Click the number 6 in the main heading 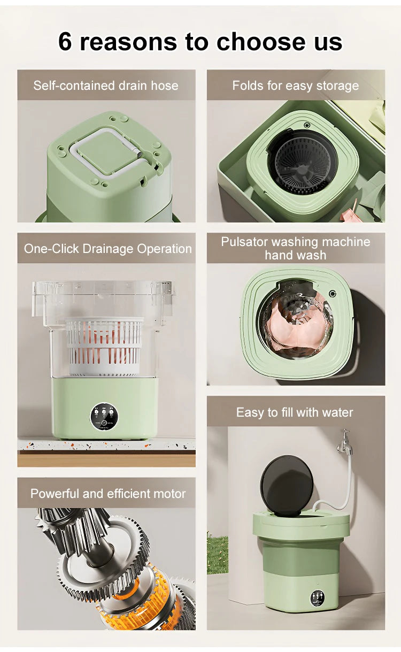(x=65, y=41)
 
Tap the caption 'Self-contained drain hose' (x=106, y=86)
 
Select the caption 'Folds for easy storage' (x=295, y=86)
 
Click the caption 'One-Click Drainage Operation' (x=107, y=249)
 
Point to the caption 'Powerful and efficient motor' (x=108, y=494)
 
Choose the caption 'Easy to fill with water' (x=295, y=412)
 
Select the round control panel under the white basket (x=105, y=416)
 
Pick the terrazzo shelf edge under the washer (x=106, y=444)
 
